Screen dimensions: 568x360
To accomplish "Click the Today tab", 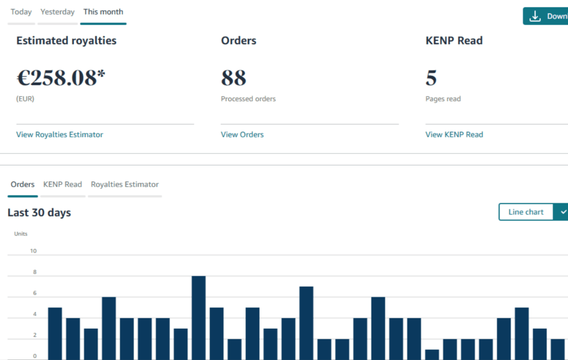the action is pyautogui.click(x=21, y=12).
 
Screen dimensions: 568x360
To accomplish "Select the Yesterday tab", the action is pyautogui.click(x=58, y=12).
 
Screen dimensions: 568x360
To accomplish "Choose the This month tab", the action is pyautogui.click(x=103, y=12).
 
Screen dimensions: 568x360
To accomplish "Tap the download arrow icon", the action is pyautogui.click(x=535, y=16).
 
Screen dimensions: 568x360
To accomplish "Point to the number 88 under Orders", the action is pyautogui.click(x=234, y=78).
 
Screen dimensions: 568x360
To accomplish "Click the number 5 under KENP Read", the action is pyautogui.click(x=431, y=78).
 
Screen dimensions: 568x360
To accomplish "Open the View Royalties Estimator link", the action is pyautogui.click(x=59, y=135).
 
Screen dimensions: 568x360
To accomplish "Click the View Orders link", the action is pyautogui.click(x=242, y=135).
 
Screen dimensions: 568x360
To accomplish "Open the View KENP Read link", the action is pyautogui.click(x=454, y=135).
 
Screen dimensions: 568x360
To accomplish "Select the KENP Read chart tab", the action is pyautogui.click(x=63, y=184).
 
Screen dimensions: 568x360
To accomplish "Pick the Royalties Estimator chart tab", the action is pyautogui.click(x=125, y=184).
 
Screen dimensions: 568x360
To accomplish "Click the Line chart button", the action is pyautogui.click(x=526, y=212).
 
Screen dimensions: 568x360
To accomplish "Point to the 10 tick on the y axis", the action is pyautogui.click(x=34, y=251).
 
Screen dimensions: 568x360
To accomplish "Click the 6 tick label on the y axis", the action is pyautogui.click(x=35, y=293).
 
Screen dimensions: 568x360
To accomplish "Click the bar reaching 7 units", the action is pyautogui.click(x=306, y=323).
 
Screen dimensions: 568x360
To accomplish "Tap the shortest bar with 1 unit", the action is pyautogui.click(x=432, y=354).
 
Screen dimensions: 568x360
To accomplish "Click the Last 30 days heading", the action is pyautogui.click(x=39, y=212).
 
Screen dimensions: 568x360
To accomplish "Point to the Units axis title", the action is pyautogui.click(x=21, y=234).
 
